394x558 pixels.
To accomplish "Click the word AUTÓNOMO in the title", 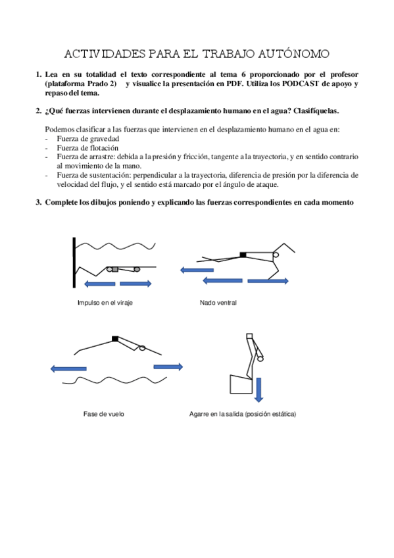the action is (x=294, y=54).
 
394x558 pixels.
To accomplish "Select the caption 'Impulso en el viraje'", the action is (x=105, y=303).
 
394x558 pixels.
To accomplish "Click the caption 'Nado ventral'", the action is (x=218, y=303).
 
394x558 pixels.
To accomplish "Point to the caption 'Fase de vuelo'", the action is (x=103, y=414).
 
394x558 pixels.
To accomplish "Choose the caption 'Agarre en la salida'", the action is (x=216, y=415).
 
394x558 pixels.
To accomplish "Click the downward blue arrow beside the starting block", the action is (x=259, y=390).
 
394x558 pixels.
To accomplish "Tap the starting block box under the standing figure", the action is (x=241, y=384).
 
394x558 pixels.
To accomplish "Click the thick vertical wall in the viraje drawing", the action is (x=74, y=263).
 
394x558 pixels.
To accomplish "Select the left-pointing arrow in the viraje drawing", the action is (x=99, y=284).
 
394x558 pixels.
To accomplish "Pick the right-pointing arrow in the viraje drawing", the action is (x=136, y=284).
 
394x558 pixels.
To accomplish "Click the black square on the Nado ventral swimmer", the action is (x=243, y=255).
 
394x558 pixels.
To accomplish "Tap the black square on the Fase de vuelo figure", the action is (x=115, y=339).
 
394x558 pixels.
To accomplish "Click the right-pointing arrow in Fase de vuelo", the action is (x=168, y=367).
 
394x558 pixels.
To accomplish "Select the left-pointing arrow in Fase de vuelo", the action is (x=68, y=368).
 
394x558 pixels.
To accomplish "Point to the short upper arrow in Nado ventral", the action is (x=197, y=270).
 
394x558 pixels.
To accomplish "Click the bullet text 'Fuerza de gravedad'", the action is (x=88, y=139).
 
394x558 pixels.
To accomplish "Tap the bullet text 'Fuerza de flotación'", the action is (x=87, y=148).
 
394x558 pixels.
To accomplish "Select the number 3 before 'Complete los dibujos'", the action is (x=37, y=203).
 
